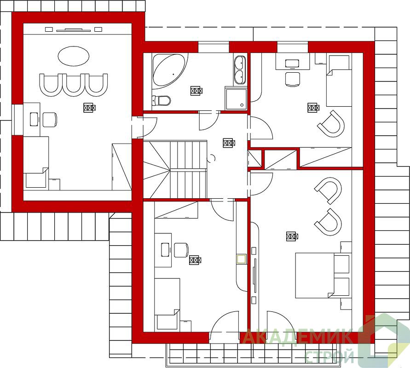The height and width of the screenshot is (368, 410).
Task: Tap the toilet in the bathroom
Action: click(x=161, y=100)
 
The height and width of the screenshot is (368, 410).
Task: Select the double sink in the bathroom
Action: click(x=240, y=70)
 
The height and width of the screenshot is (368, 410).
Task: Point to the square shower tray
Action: click(x=235, y=99)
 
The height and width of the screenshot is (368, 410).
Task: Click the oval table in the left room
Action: click(x=74, y=56)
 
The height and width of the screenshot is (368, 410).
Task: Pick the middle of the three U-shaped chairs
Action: click(x=74, y=85)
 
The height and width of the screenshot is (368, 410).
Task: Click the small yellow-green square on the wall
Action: click(x=241, y=259)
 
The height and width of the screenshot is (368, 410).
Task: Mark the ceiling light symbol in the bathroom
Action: click(x=196, y=91)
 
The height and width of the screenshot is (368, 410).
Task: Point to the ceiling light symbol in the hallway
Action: click(x=229, y=143)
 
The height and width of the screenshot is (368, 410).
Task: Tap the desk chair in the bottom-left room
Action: click(x=181, y=250)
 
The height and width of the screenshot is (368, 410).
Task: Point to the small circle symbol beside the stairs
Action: click(x=212, y=158)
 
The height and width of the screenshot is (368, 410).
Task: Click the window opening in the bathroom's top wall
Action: click(x=214, y=47)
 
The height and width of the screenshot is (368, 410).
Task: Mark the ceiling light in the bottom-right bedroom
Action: click(x=292, y=236)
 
